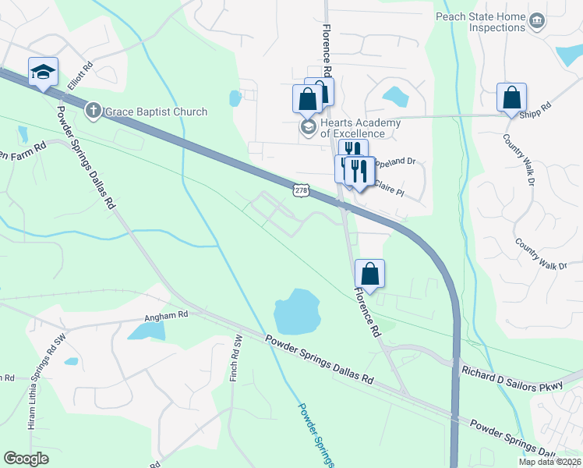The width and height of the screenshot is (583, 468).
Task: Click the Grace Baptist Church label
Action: tap(156, 112)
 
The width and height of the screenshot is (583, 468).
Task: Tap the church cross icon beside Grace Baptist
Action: tap(93, 111)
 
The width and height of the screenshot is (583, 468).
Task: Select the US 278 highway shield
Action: tap(302, 190)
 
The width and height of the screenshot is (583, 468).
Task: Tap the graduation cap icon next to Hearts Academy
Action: tap(309, 127)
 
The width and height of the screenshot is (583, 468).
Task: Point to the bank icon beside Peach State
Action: tap(536, 19)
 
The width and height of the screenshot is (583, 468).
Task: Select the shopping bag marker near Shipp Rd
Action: tap(511, 97)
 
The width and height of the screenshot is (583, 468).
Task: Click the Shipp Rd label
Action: tap(537, 108)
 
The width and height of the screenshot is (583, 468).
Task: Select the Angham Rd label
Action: tap(166, 316)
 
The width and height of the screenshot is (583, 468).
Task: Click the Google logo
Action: tap(26, 458)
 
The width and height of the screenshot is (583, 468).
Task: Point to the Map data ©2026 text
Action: tap(549, 462)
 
